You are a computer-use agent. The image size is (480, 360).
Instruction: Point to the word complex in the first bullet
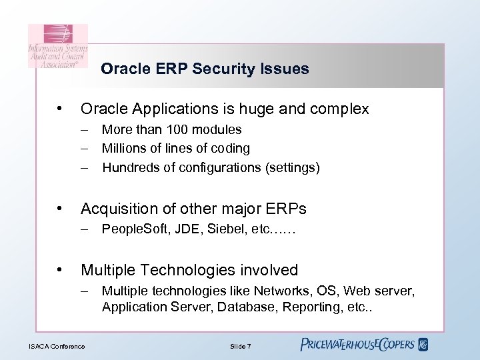341,109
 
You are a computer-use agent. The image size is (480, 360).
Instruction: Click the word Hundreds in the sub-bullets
129,167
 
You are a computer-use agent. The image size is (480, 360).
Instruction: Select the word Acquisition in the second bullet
117,209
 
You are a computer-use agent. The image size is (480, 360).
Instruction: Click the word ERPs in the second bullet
287,209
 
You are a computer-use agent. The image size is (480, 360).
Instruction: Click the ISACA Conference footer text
57,346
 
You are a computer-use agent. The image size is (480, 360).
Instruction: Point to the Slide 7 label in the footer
239,346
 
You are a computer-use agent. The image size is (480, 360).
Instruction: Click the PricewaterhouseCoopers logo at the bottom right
364,345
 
